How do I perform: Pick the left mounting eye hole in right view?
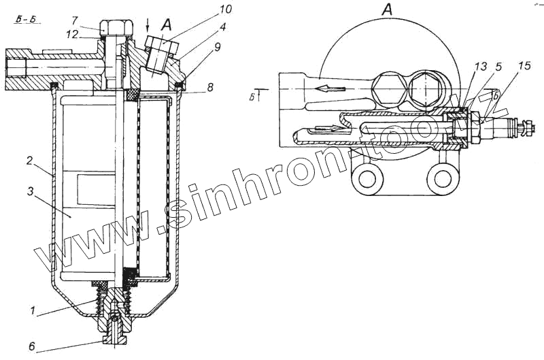[368, 179]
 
